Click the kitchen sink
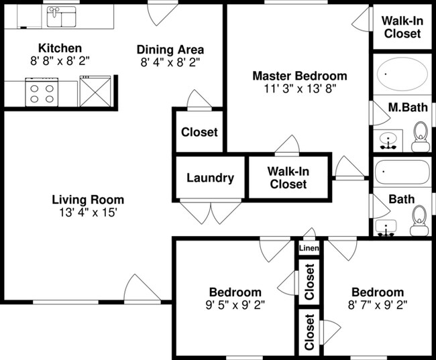click(x=61, y=17)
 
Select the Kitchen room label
click(x=60, y=48)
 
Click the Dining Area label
click(x=170, y=50)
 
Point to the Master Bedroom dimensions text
click(x=299, y=88)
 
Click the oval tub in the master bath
click(x=401, y=74)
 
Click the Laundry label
click(x=210, y=178)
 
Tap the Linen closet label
click(x=309, y=249)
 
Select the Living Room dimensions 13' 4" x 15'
click(x=88, y=213)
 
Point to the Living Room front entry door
click(x=140, y=289)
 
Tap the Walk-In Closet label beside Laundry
click(x=288, y=178)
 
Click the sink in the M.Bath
click(x=387, y=141)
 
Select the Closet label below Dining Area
click(x=199, y=132)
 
